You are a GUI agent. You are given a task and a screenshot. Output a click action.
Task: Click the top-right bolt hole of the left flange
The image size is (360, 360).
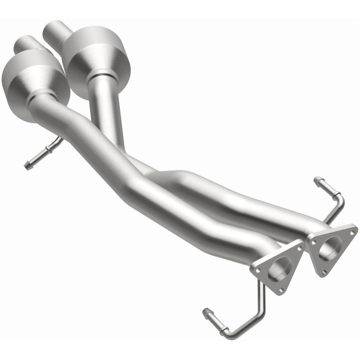pos(298,247)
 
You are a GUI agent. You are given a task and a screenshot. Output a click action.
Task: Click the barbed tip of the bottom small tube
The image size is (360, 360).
pos(207,311)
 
